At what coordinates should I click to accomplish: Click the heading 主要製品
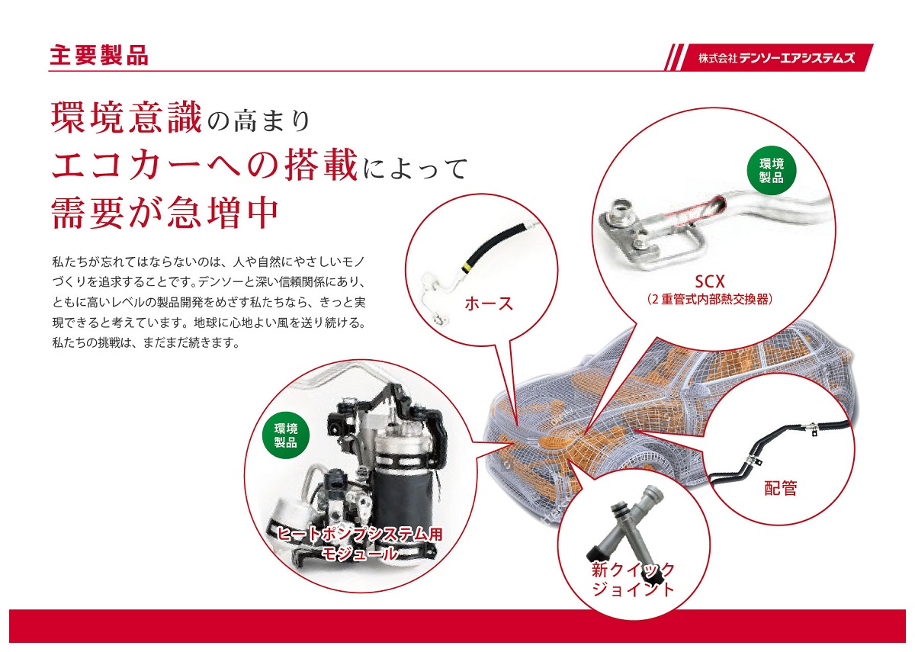[x=98, y=56]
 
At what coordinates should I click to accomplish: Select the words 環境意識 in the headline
[x=125, y=118]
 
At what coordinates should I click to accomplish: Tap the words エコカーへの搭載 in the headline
[x=204, y=165]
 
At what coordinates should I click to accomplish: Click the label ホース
[x=489, y=304]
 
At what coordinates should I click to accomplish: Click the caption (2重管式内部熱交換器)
[x=710, y=300]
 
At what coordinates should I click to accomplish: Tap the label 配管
[x=780, y=488]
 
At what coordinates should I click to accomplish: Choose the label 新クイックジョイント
[x=633, y=579]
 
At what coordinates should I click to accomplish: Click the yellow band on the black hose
[x=466, y=266]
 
